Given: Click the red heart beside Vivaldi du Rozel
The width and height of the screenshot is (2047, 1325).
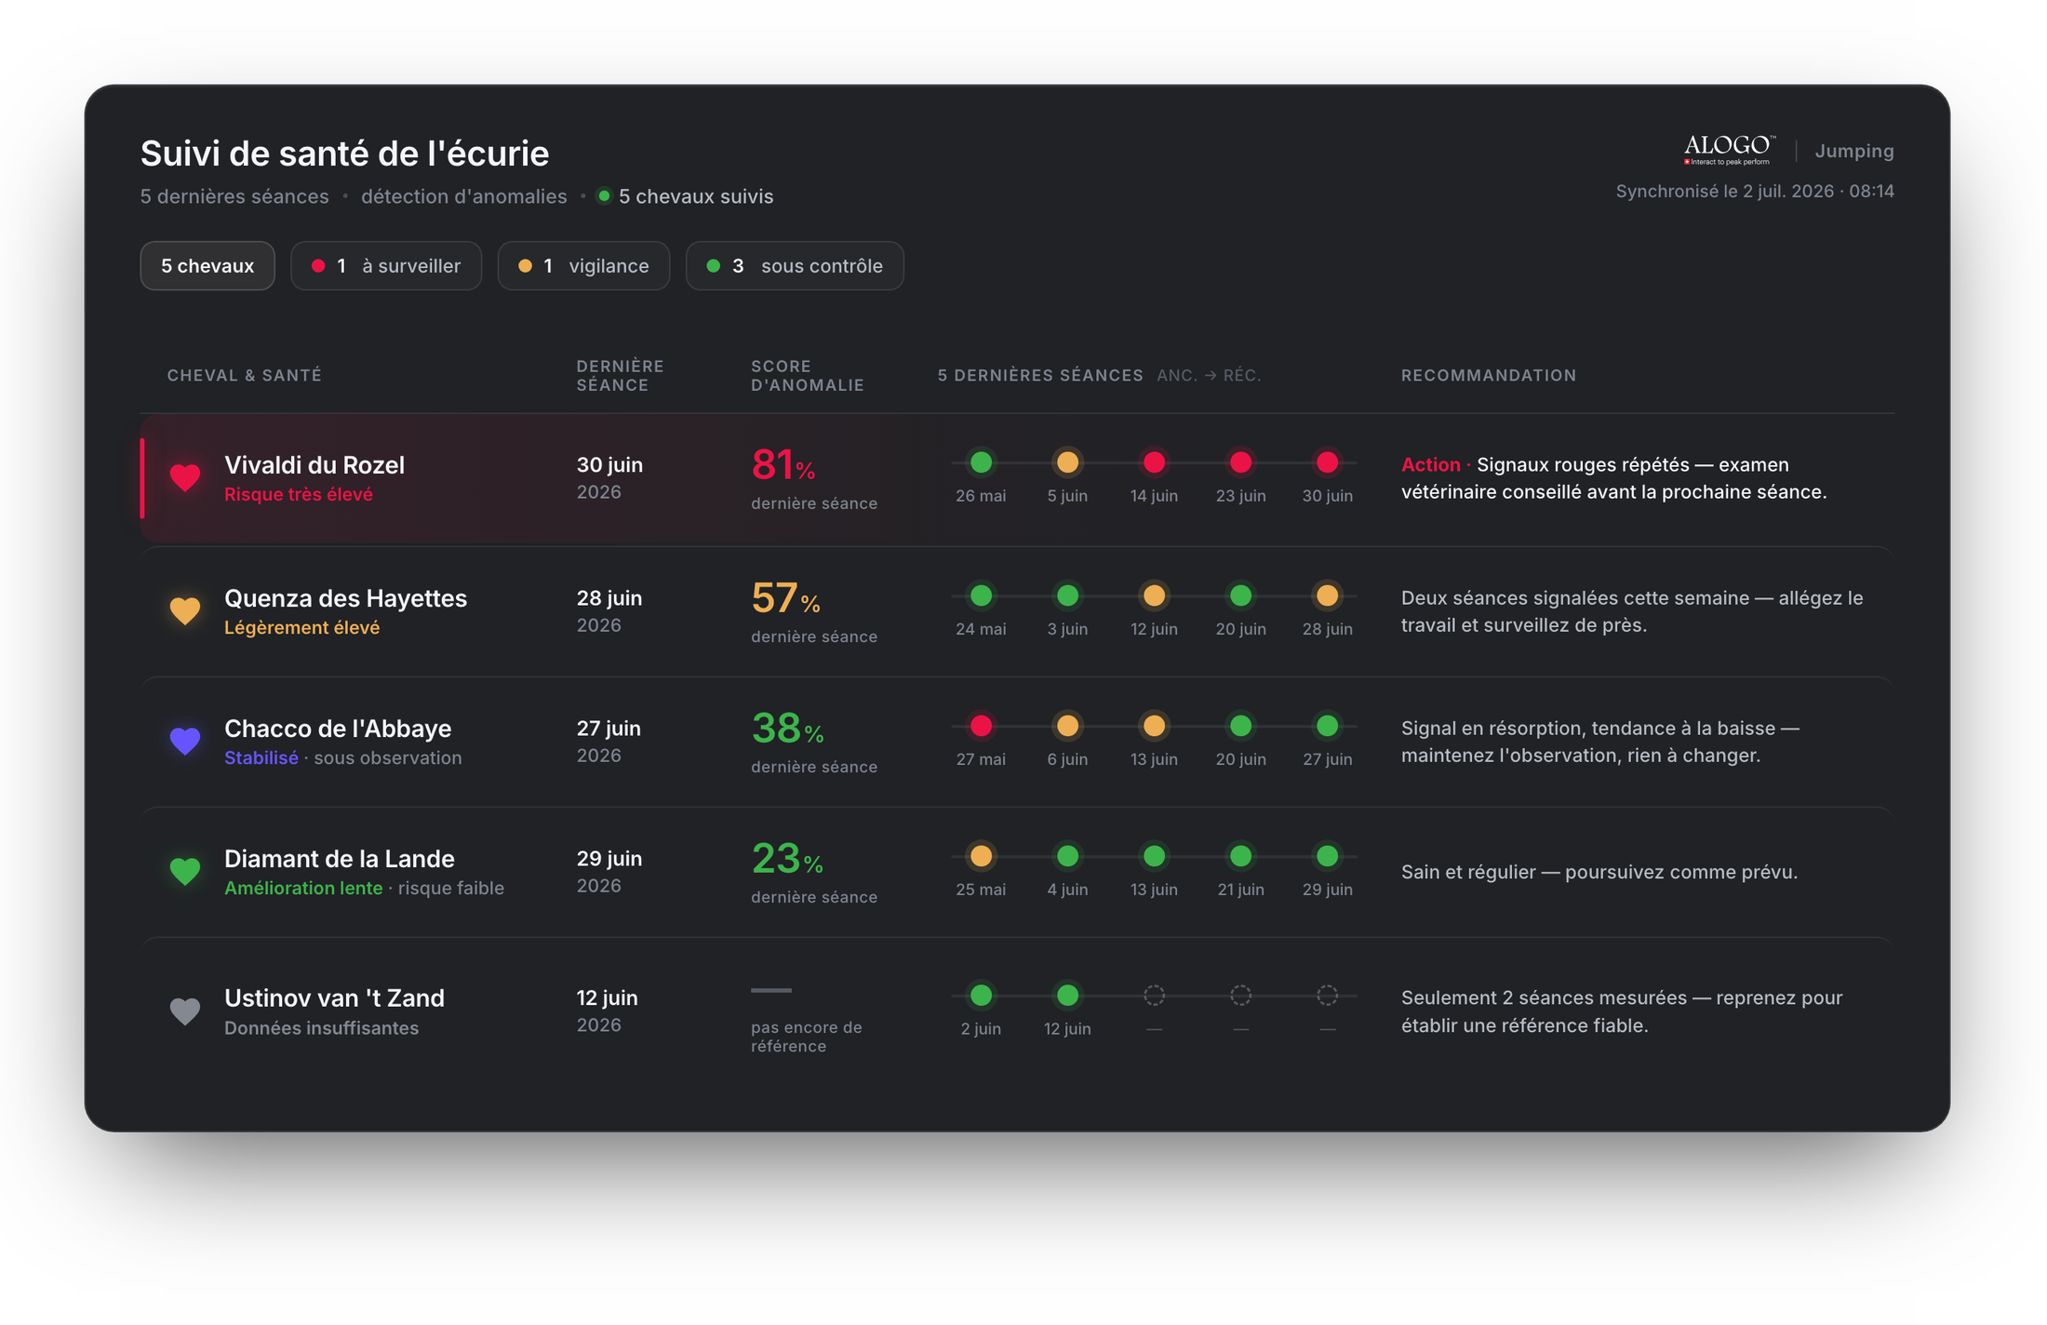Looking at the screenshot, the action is (x=185, y=477).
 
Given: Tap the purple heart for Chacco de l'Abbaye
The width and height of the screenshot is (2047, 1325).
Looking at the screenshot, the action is (x=185, y=741).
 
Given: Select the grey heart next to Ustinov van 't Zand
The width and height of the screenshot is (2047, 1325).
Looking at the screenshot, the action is (x=185, y=1010).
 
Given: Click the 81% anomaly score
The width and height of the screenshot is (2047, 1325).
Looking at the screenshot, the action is (x=783, y=464).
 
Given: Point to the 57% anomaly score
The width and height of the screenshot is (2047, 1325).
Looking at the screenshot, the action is (x=785, y=598).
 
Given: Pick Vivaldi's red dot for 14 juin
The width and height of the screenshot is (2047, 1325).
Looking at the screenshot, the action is (x=1154, y=462).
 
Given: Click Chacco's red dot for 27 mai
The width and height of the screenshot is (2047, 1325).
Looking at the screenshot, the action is (x=981, y=726).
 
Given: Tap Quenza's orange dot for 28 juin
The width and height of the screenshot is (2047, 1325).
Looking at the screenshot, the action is (x=1327, y=596).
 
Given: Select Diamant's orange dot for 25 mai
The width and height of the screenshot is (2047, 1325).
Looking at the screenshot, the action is (x=981, y=856).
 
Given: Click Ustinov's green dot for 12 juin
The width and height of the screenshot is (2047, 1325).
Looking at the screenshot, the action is (x=1067, y=996).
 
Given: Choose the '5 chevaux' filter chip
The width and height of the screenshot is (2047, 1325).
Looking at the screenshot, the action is (x=207, y=266).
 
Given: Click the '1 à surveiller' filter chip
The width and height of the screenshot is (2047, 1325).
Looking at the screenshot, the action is (x=386, y=266).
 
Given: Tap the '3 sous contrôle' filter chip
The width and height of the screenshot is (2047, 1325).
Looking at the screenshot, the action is (x=795, y=266).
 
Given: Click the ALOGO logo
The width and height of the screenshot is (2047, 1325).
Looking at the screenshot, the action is (x=1729, y=150).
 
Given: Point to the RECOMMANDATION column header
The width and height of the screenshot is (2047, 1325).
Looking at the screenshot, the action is (x=1489, y=375).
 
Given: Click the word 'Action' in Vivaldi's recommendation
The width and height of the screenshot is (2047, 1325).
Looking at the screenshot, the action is (x=1430, y=464).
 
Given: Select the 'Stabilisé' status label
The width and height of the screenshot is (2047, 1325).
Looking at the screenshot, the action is (x=261, y=757).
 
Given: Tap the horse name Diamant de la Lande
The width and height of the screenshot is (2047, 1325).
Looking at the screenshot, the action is (x=340, y=859).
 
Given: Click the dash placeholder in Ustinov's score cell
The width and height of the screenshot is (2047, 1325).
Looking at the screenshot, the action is (x=771, y=991).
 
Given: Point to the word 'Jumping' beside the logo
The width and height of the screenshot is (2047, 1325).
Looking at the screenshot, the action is (x=1854, y=152).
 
